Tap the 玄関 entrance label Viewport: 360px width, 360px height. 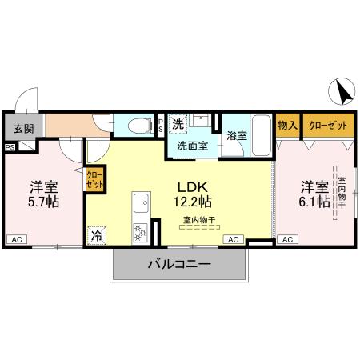coord(23,128)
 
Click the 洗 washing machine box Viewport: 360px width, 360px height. coord(179,123)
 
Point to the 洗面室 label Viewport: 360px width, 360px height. coord(192,146)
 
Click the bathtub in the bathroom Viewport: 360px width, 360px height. coord(260,128)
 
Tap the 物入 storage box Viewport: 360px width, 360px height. coord(287,126)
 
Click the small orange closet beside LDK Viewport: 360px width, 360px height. coord(94,179)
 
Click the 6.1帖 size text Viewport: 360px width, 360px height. coord(315,202)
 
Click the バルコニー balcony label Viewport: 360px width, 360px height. coord(178,262)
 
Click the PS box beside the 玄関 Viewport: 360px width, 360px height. coord(10,147)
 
